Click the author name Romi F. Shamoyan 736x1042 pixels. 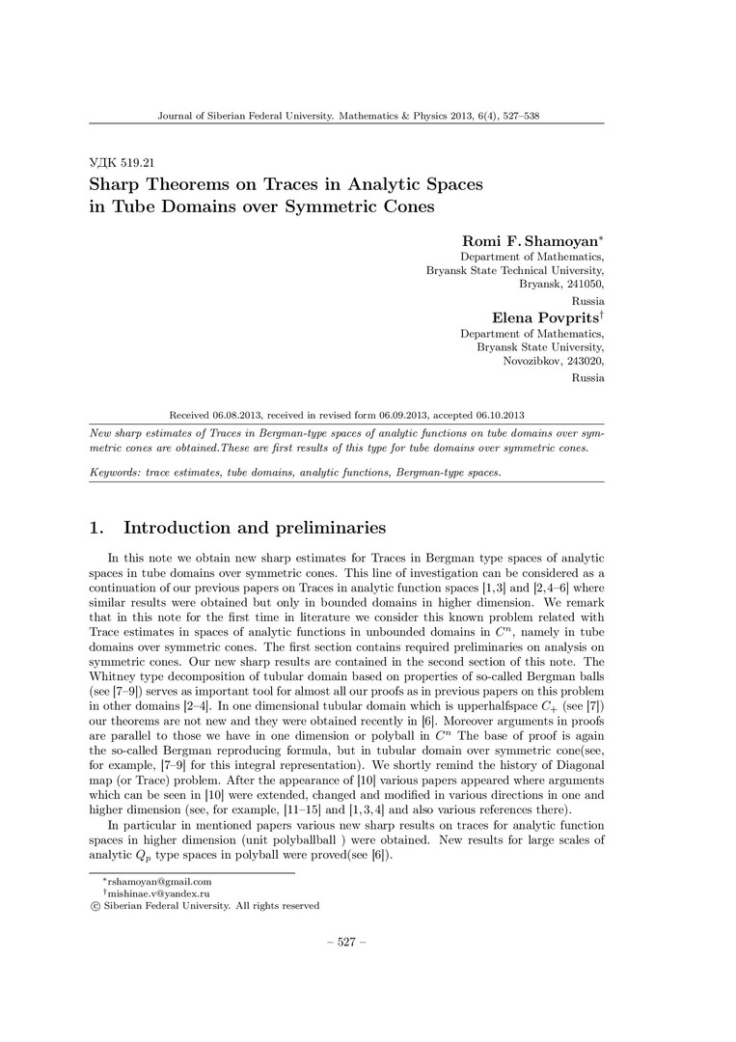[x=532, y=240]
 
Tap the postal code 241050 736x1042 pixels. [x=583, y=286]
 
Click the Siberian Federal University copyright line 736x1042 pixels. [x=204, y=906]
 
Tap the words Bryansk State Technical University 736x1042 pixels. [x=515, y=271]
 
